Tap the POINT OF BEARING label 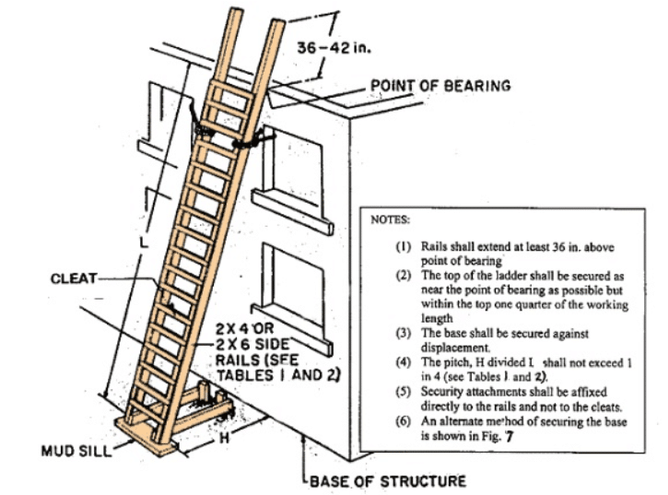pos(439,86)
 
